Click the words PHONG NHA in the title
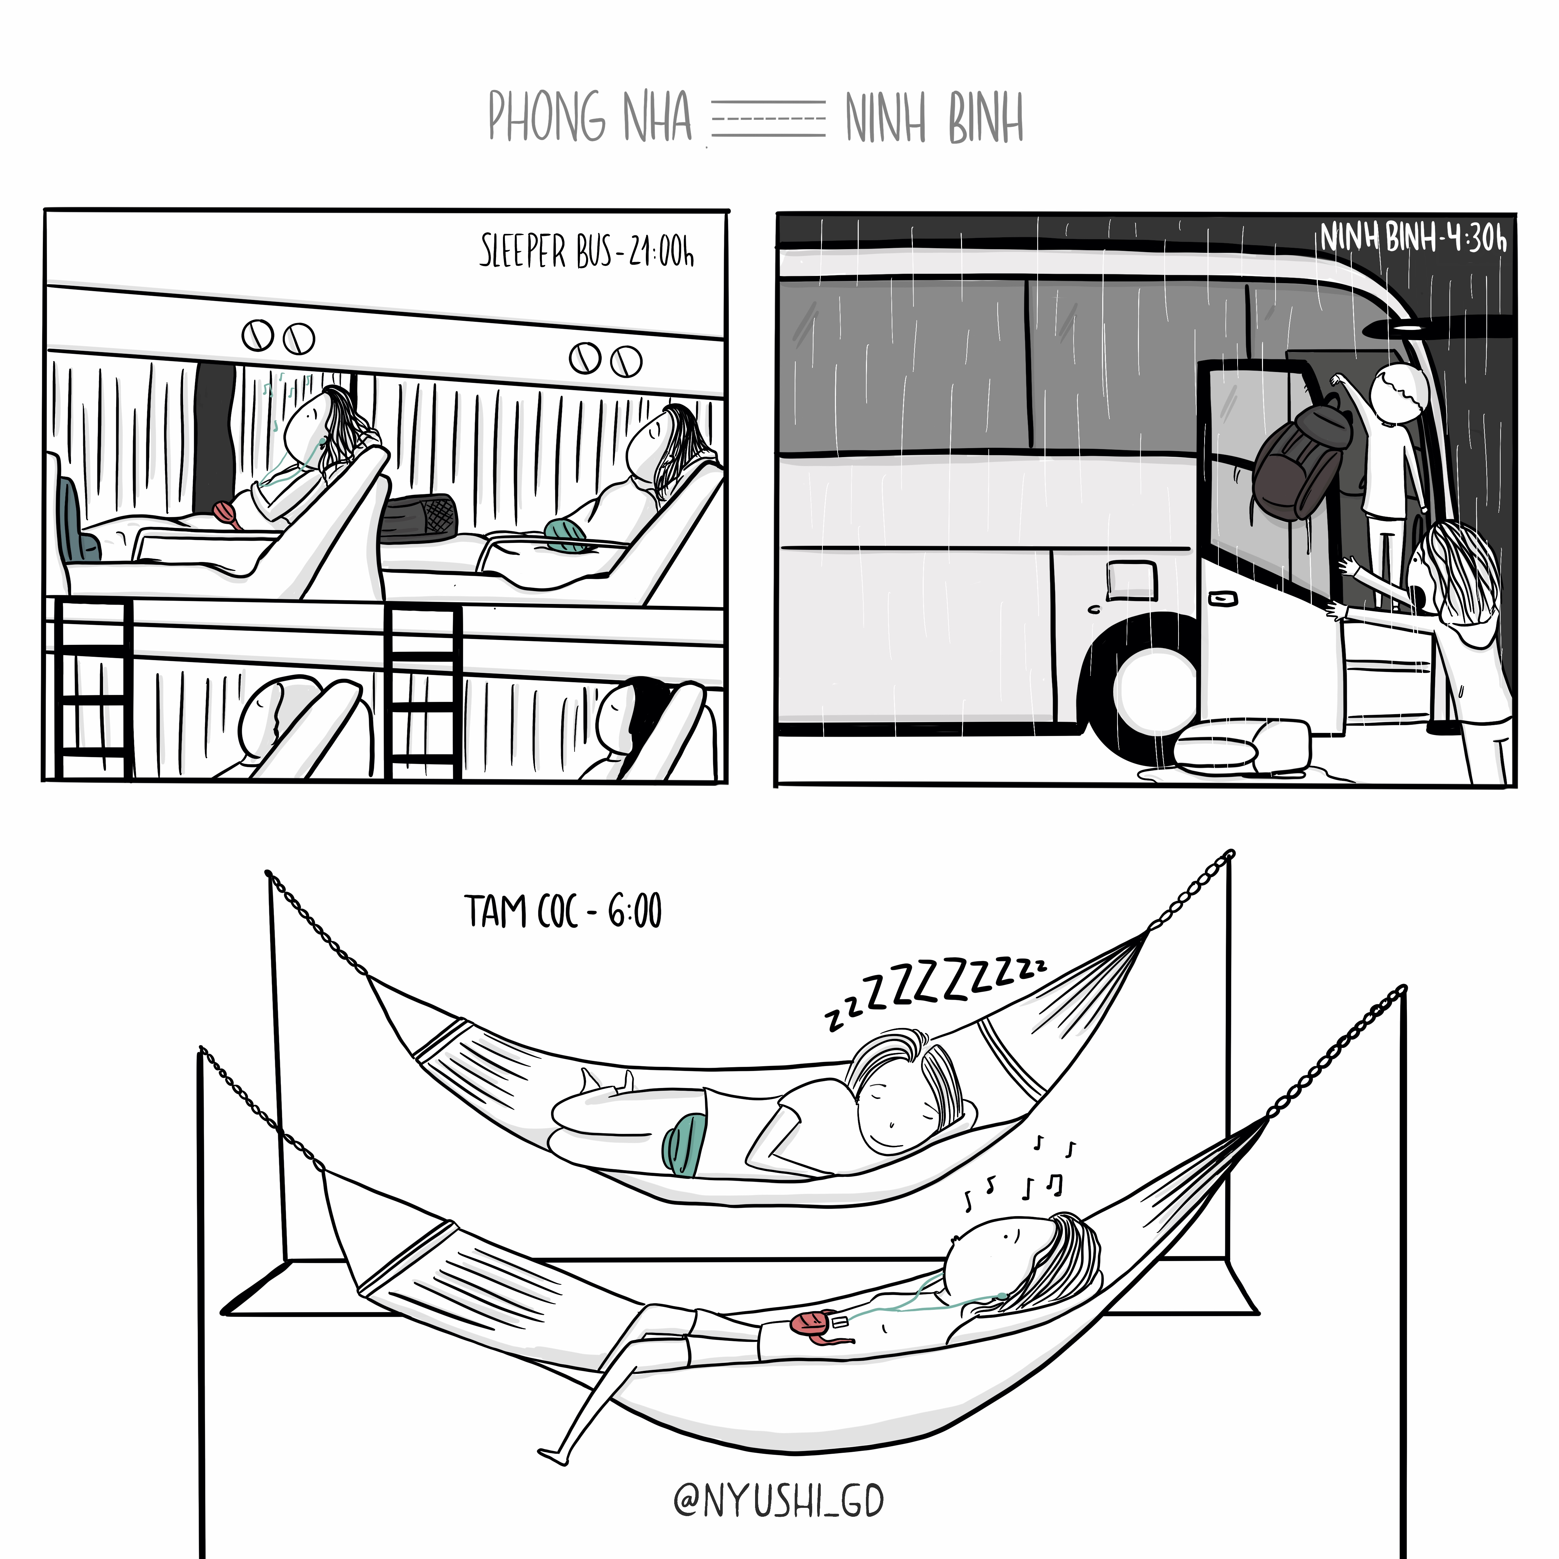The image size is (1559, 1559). tap(590, 117)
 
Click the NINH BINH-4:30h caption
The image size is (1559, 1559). tap(1413, 238)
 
